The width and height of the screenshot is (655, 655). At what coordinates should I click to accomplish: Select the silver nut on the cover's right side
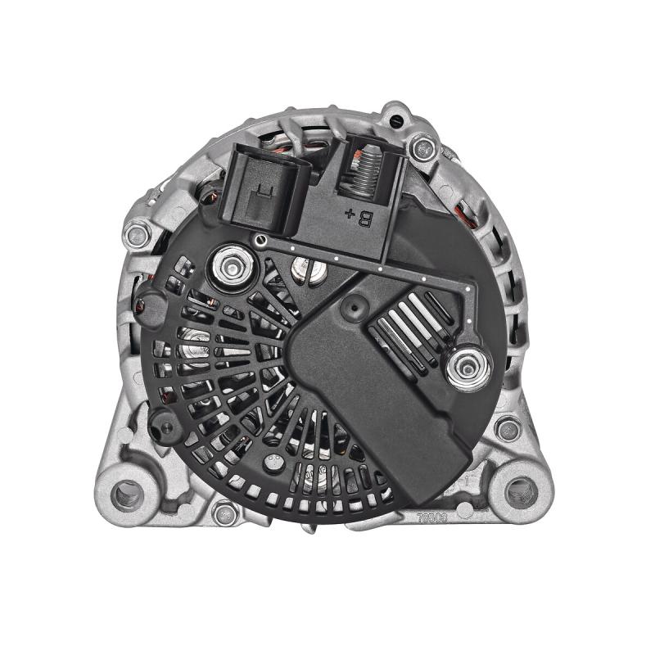470,365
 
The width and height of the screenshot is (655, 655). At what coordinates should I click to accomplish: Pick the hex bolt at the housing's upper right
422,148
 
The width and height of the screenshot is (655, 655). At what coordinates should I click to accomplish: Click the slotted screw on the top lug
398,120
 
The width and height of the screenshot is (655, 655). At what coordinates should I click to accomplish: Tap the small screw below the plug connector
260,240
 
